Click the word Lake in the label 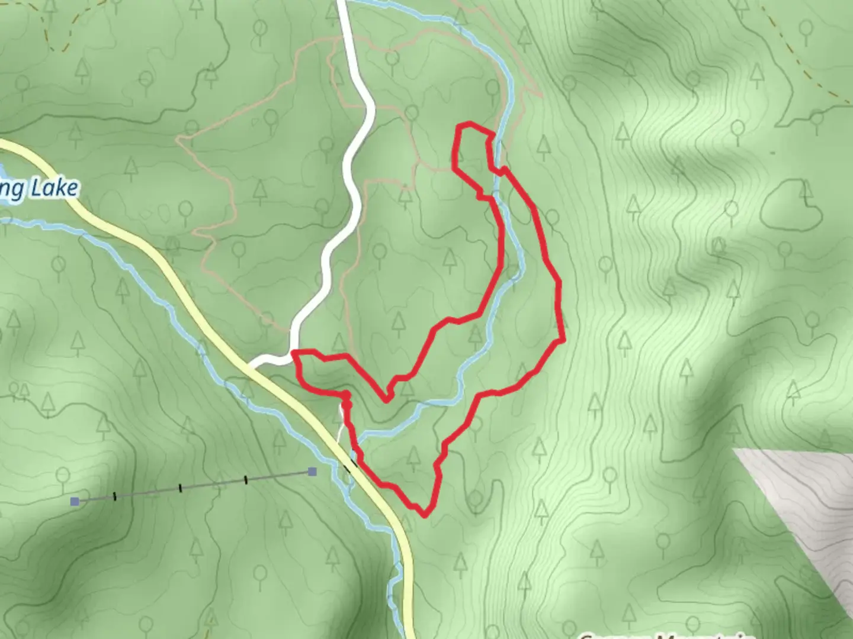click(x=54, y=189)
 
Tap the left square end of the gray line click(x=75, y=502)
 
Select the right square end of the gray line click(x=312, y=472)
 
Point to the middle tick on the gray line click(x=180, y=488)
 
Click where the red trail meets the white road click(x=294, y=353)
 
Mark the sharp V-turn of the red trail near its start click(x=386, y=399)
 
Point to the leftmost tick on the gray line click(x=114, y=496)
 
